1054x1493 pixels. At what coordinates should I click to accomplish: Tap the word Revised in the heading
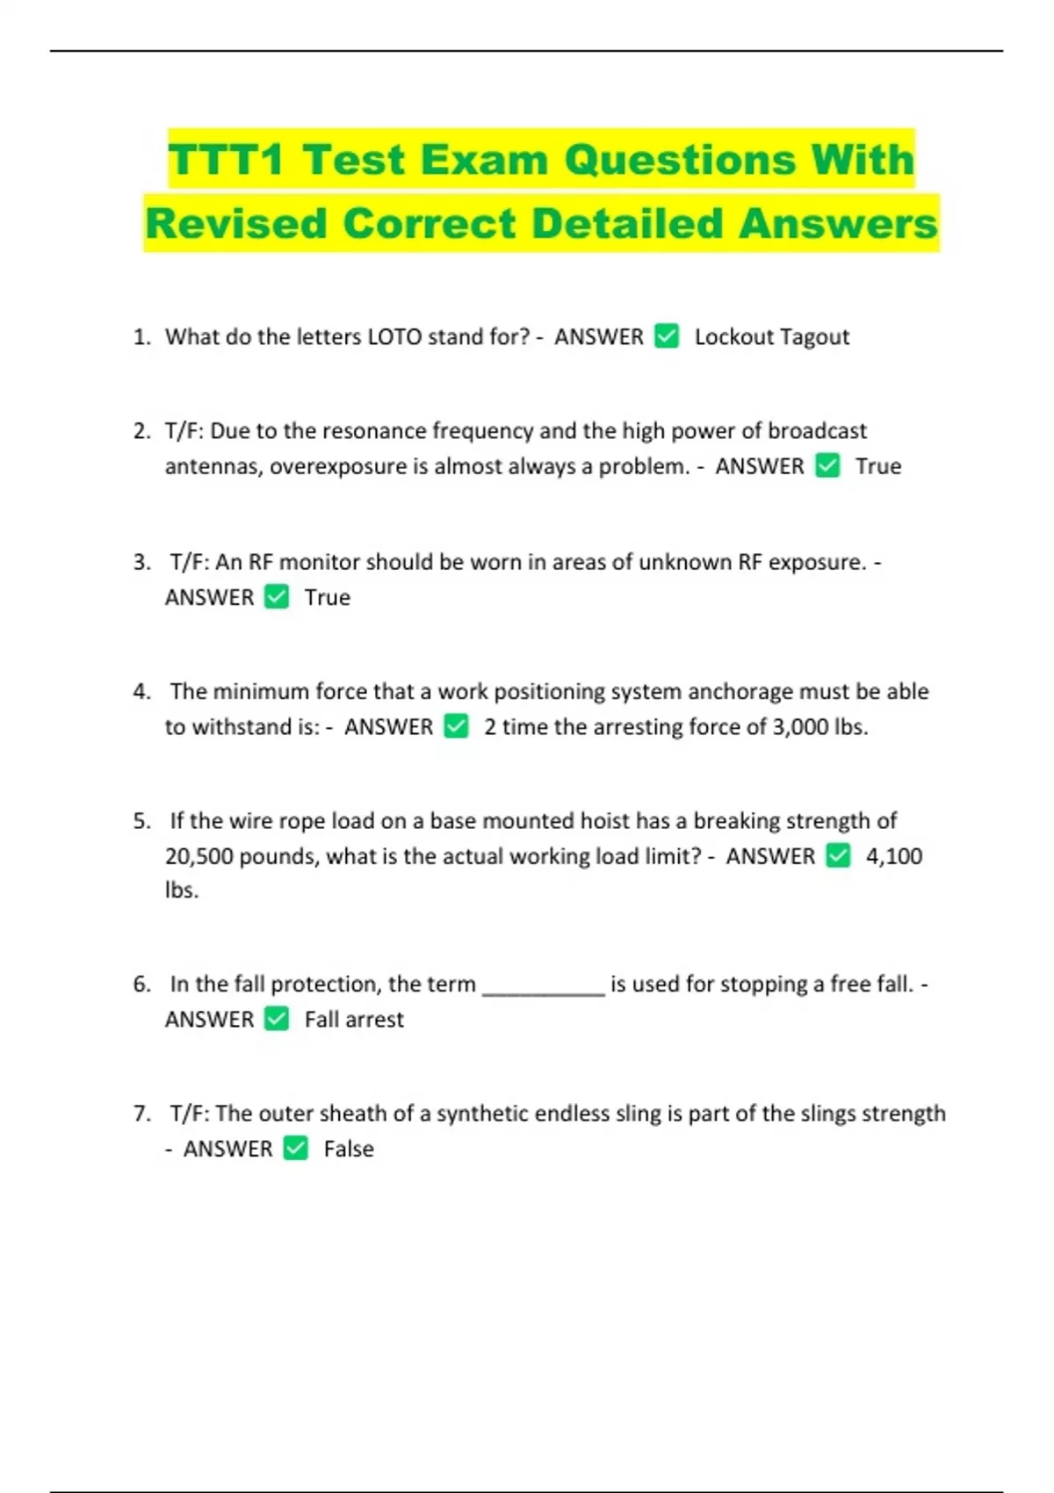(x=236, y=223)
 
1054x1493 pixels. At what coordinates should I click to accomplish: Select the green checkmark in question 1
(x=667, y=336)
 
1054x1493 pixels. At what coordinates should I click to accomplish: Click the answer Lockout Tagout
(x=771, y=337)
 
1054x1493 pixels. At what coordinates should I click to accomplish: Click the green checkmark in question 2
(x=827, y=465)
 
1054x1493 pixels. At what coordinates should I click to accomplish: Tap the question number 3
(x=141, y=562)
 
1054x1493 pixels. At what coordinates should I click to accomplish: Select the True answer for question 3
(x=327, y=598)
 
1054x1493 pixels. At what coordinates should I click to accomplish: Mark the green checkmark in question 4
(x=456, y=726)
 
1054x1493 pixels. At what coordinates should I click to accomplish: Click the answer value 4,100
(x=893, y=856)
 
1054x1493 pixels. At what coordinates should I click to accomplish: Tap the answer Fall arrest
(x=354, y=1020)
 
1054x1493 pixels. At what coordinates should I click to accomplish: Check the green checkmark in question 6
(x=277, y=1019)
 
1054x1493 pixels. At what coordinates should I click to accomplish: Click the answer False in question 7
(x=348, y=1149)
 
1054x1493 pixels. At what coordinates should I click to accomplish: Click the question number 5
(x=141, y=821)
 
